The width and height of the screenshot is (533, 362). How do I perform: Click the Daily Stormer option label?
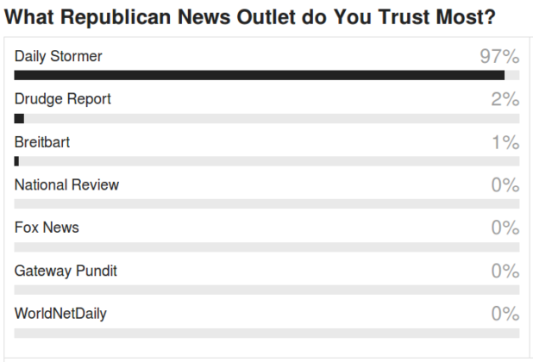58,57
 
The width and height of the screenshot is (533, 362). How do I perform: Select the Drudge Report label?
62,99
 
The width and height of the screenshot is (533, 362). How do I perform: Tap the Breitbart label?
42,142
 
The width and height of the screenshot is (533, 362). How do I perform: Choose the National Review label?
66,184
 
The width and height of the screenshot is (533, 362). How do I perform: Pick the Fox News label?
47,228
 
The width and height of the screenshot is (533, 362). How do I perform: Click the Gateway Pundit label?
66,271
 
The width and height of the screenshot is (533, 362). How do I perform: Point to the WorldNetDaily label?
60,314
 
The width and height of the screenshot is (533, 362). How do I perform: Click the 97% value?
499,58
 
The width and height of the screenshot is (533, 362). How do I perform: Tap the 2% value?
505,100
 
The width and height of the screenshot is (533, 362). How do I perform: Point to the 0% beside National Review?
505,185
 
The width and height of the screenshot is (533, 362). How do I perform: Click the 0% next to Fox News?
505,228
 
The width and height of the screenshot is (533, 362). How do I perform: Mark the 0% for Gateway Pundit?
505,271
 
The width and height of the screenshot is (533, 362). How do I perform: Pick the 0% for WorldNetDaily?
505,314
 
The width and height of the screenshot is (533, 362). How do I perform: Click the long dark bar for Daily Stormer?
259,76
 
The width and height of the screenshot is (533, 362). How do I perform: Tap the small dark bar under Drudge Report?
19,118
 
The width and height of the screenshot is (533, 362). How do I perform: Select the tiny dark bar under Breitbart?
16,161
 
